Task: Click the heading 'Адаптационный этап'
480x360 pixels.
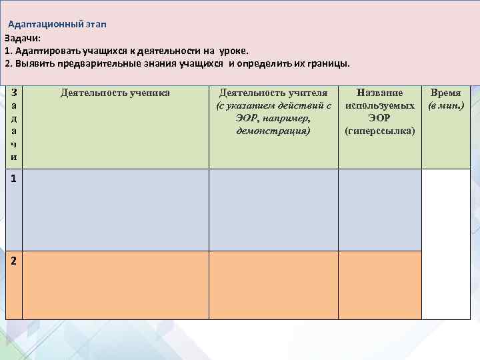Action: [x=57, y=25]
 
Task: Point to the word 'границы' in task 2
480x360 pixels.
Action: [x=327, y=63]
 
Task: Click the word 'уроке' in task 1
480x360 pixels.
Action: [x=231, y=51]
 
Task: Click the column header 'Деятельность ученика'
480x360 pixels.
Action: [x=115, y=93]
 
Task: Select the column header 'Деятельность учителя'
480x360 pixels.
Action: [x=273, y=93]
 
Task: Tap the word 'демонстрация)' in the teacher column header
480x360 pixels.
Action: [x=273, y=131]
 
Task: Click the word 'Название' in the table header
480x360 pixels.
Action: [x=380, y=93]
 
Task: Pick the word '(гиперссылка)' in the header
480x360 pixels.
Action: [x=380, y=131]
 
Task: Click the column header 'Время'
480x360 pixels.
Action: [x=446, y=93]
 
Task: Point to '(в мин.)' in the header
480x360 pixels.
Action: [x=446, y=106]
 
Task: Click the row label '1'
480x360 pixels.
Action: [x=14, y=179]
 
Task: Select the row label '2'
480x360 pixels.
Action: [x=14, y=261]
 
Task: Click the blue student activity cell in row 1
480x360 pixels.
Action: [x=115, y=210]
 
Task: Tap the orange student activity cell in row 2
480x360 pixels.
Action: [x=115, y=285]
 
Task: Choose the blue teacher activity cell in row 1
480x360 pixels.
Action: [x=273, y=210]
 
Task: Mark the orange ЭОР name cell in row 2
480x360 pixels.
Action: [x=380, y=285]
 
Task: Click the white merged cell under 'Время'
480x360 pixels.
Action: [x=446, y=244]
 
